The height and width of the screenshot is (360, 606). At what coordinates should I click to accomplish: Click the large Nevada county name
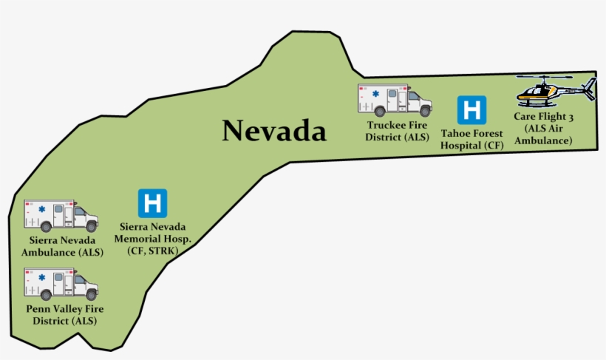click(274, 132)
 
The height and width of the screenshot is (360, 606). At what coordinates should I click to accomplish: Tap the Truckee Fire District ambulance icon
click(394, 100)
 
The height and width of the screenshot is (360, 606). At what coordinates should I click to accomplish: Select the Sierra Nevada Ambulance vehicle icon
click(61, 215)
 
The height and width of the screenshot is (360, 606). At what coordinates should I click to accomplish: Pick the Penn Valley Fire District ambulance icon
click(61, 284)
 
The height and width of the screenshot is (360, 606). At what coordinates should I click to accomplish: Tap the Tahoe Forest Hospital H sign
click(471, 109)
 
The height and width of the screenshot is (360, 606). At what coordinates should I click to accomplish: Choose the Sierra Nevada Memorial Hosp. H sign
click(152, 203)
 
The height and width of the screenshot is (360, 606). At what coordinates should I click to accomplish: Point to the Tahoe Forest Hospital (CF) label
click(471, 139)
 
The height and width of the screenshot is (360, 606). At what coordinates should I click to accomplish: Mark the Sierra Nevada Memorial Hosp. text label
click(153, 233)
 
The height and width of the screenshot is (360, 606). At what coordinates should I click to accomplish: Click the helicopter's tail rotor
click(589, 89)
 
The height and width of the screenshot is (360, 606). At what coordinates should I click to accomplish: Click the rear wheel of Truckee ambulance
click(380, 111)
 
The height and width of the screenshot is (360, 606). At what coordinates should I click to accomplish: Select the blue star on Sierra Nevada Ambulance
click(41, 210)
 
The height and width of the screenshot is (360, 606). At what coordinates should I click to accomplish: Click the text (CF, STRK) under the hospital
click(153, 251)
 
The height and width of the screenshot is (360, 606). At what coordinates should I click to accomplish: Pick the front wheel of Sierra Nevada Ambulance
click(91, 227)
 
